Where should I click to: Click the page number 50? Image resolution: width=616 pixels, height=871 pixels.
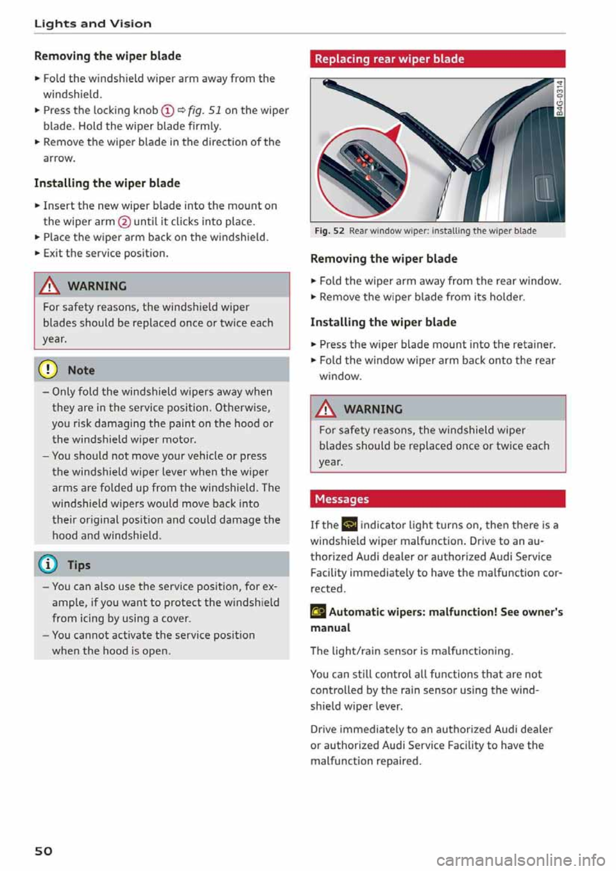44,850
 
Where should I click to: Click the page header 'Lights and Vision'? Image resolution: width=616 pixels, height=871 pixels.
93,24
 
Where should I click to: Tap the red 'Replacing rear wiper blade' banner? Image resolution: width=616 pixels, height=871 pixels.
438,58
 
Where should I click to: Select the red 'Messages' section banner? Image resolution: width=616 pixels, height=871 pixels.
438,499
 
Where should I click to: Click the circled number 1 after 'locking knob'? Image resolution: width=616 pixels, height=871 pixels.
168,110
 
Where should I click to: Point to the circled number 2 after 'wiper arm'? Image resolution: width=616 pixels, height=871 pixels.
124,222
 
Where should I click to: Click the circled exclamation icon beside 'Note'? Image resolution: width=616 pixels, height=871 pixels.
51,370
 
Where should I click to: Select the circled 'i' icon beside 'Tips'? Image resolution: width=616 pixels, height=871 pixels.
51,564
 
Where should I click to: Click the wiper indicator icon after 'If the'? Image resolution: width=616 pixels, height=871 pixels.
350,525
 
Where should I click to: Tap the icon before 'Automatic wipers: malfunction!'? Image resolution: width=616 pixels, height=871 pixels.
318,612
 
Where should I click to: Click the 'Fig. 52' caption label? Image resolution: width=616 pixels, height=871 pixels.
329,231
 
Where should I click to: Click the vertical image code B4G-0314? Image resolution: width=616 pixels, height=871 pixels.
560,97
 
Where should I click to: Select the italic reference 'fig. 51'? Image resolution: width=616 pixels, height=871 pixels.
204,110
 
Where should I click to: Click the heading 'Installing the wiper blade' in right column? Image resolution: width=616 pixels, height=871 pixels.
383,322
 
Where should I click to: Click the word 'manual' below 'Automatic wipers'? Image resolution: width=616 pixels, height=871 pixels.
330,628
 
